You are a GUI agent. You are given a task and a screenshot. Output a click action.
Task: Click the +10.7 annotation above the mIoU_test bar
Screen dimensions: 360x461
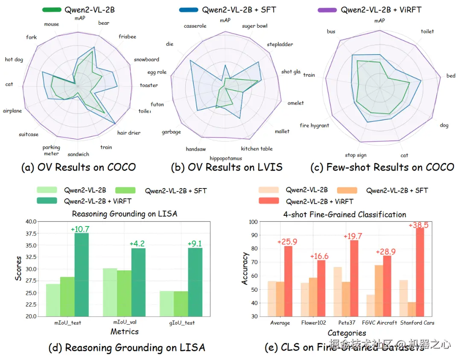80,229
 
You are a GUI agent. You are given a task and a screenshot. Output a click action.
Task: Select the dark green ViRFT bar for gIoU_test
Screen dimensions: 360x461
195,282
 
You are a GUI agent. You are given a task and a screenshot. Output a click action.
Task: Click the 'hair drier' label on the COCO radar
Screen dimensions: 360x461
129,133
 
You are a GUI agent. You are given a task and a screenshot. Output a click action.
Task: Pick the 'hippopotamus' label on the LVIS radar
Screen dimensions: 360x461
226,158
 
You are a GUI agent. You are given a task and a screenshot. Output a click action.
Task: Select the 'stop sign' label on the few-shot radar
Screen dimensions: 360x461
356,155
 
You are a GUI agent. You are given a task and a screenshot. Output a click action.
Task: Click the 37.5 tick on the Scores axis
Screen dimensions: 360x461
31,233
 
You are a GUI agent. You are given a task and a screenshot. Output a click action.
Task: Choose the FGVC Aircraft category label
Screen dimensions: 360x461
379,323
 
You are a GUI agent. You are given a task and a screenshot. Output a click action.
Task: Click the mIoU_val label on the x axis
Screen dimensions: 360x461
124,323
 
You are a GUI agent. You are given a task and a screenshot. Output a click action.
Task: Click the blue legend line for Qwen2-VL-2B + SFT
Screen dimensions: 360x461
186,10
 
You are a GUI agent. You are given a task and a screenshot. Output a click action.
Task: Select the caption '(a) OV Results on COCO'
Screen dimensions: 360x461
79,167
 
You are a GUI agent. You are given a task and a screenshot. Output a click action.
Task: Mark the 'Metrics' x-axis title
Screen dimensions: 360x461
125,331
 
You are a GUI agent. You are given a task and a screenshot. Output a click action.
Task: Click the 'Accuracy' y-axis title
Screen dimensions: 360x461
245,269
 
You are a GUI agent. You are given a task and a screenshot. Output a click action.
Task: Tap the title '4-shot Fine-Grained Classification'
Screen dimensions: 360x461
345,214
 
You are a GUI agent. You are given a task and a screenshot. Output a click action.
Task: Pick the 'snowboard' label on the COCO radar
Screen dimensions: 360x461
146,60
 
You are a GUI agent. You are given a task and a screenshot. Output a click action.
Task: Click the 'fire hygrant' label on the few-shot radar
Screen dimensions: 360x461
314,125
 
